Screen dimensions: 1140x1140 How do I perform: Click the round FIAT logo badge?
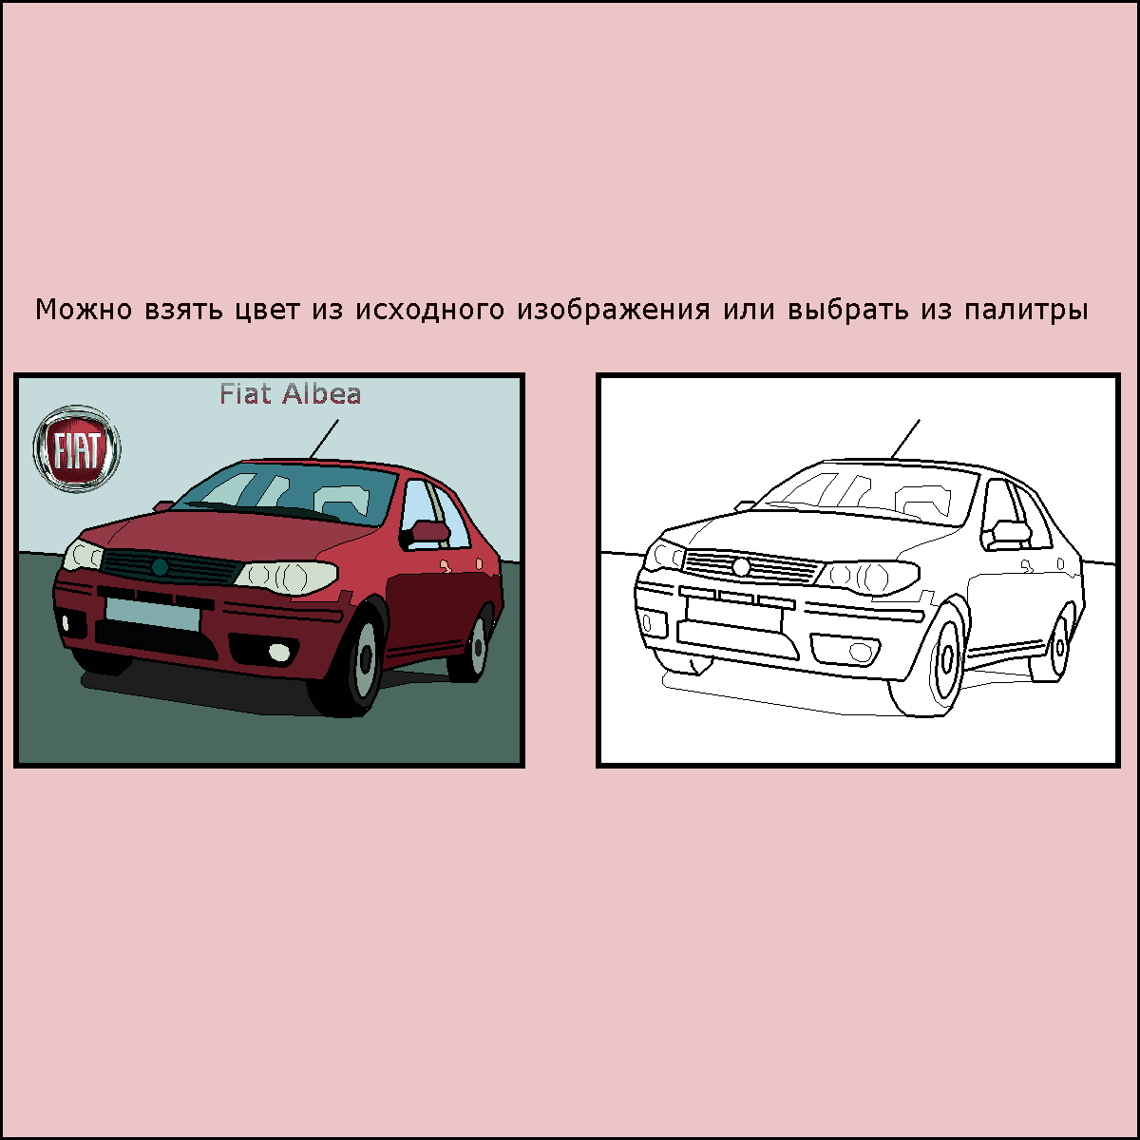(77, 449)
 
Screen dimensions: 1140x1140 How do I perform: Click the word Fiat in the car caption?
(245, 394)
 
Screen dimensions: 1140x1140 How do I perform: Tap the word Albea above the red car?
(321, 394)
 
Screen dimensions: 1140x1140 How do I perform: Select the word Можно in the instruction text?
(84, 310)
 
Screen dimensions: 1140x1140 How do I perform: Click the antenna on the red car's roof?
(324, 439)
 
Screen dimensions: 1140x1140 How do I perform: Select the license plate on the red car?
(153, 614)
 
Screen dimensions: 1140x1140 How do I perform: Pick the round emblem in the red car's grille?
(160, 567)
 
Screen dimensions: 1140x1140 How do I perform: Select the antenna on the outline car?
(905, 439)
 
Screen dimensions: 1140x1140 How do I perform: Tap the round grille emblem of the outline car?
(741, 567)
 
